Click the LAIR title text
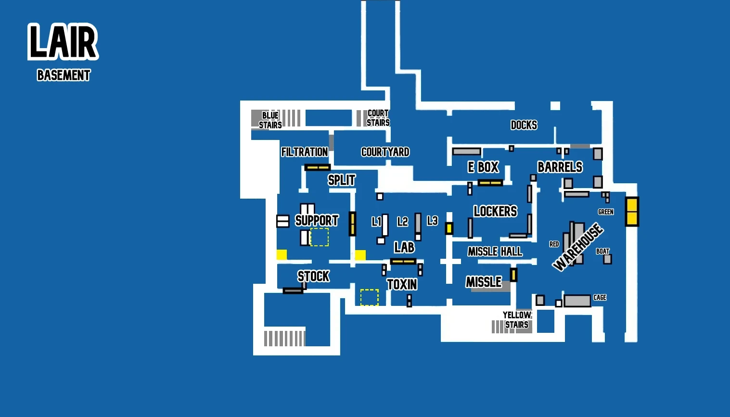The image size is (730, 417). pyautogui.click(x=63, y=42)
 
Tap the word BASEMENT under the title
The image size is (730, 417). pyautogui.click(x=64, y=76)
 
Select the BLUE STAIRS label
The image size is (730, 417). pyautogui.click(x=270, y=120)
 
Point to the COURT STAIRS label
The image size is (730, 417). pyautogui.click(x=378, y=118)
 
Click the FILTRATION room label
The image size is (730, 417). pyautogui.click(x=305, y=152)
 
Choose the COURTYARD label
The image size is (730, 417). pyautogui.click(x=385, y=152)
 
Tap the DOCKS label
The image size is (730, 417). pyautogui.click(x=524, y=125)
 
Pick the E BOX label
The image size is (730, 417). pyautogui.click(x=483, y=167)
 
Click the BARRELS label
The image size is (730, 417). pyautogui.click(x=560, y=167)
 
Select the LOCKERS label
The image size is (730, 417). pyautogui.click(x=495, y=211)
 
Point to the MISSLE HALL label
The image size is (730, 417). pyautogui.click(x=495, y=252)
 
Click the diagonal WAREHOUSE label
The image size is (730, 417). pyautogui.click(x=577, y=247)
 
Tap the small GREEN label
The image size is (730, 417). pyautogui.click(x=605, y=212)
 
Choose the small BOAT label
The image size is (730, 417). pyautogui.click(x=602, y=251)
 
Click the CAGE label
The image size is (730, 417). pyautogui.click(x=600, y=298)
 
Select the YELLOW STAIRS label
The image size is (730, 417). pyautogui.click(x=517, y=320)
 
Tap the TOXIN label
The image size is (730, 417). pyautogui.click(x=402, y=285)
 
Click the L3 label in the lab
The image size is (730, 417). pyautogui.click(x=432, y=221)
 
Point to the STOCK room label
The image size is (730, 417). pyautogui.click(x=313, y=276)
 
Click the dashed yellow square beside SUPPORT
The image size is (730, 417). pyautogui.click(x=320, y=237)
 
